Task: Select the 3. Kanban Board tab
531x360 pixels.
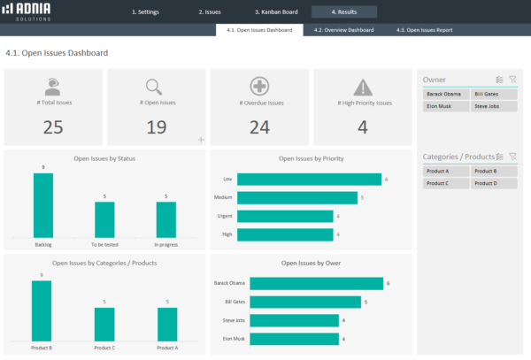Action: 275,12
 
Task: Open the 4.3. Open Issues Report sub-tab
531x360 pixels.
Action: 425,30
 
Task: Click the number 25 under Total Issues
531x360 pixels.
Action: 53,127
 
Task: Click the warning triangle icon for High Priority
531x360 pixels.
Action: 363,87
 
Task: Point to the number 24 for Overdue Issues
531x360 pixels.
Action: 259,127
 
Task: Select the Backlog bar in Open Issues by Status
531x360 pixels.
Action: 43,204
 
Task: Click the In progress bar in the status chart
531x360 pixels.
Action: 165,218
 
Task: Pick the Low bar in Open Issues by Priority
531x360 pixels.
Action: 309,180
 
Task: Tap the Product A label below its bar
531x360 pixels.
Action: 165,348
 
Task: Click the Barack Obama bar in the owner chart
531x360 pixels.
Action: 316,284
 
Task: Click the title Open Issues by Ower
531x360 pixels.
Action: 312,263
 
